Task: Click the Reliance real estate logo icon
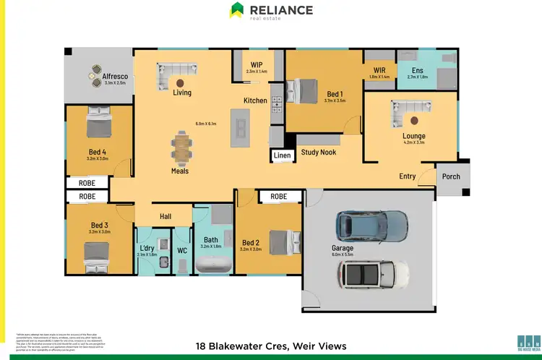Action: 236,10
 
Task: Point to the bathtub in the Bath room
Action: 211,265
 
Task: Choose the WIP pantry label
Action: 257,64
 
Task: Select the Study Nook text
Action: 319,153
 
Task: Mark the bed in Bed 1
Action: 303,92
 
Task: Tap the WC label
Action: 181,251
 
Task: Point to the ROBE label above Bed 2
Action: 278,196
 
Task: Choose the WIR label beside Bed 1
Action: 379,69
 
